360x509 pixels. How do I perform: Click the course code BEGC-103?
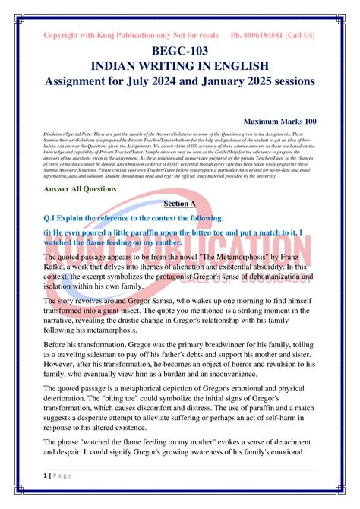(180, 52)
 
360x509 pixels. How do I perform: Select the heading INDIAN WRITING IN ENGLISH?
(180, 66)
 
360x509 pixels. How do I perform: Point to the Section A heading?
(180, 204)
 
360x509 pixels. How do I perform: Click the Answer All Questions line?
(80, 188)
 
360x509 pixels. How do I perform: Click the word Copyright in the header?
(64, 35)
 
